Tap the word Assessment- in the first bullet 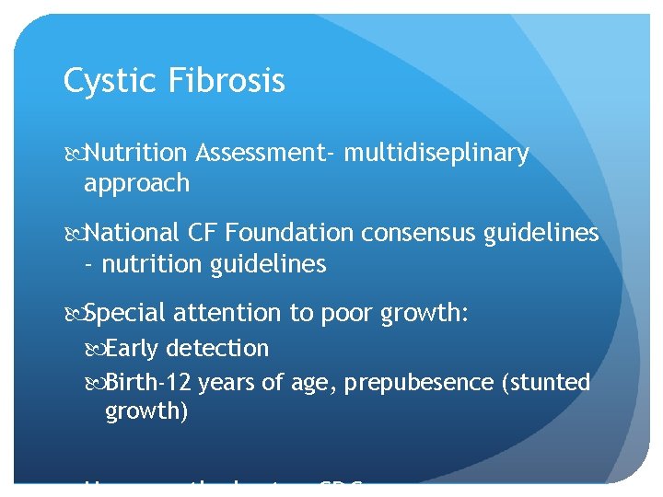click(x=265, y=154)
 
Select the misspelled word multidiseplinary click(x=436, y=154)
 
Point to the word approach click(x=136, y=184)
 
